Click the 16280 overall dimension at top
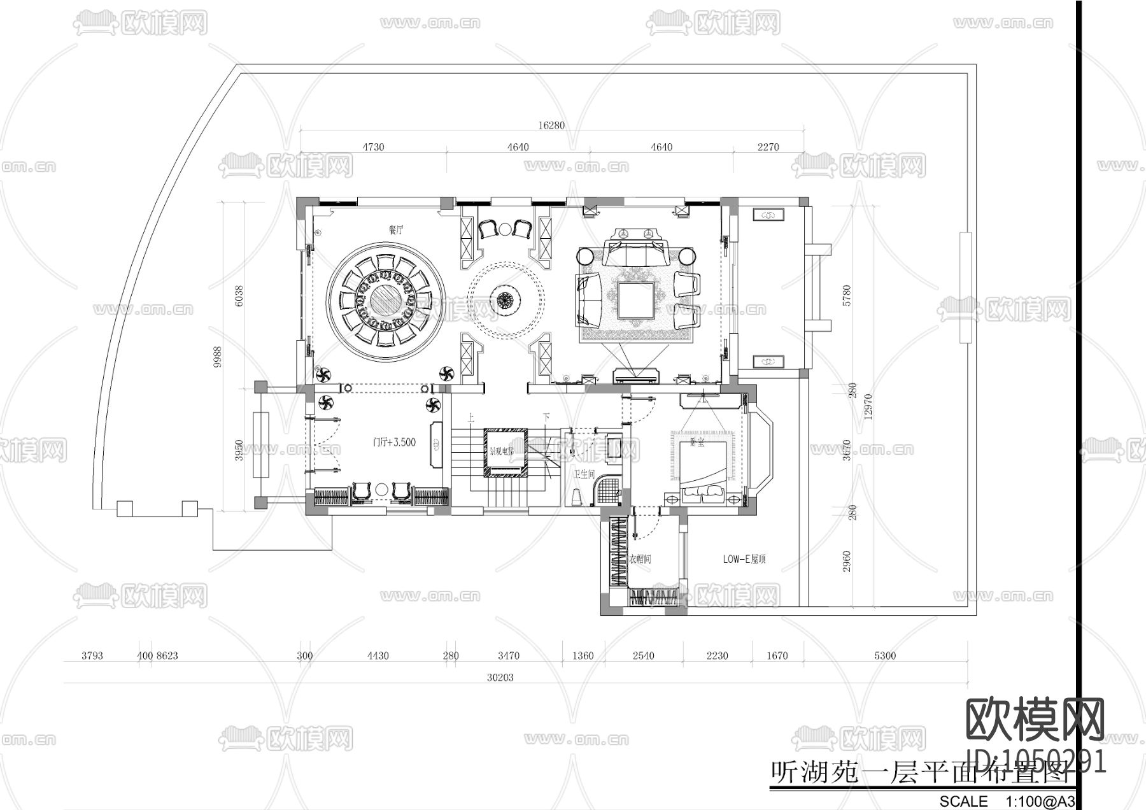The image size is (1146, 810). (x=551, y=125)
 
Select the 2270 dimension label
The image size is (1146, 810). (x=768, y=147)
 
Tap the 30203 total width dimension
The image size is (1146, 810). (x=500, y=678)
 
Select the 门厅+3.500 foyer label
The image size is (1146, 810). (x=394, y=442)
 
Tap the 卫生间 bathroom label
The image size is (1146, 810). (x=584, y=474)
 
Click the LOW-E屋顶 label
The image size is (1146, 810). (x=744, y=559)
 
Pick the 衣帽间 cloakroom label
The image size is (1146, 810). (x=640, y=559)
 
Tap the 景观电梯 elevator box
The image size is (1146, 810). (x=505, y=452)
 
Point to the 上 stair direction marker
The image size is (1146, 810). (x=471, y=418)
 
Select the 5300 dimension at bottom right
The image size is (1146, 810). (x=885, y=655)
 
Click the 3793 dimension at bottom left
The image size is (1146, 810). (x=92, y=655)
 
